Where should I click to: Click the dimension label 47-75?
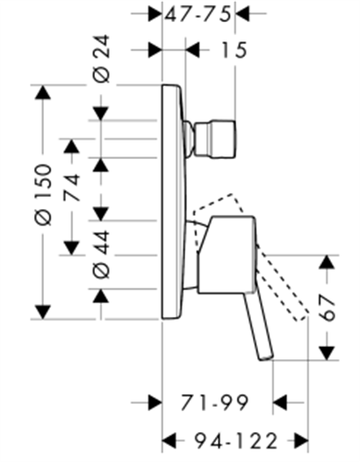pos(198,14)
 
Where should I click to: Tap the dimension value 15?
pos(234,50)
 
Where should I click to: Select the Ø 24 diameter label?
pos(101,59)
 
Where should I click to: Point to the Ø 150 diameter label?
pos(43,195)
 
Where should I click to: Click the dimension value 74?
pos(73,187)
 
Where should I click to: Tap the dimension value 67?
pos(328,307)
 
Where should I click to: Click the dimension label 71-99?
pos(214,402)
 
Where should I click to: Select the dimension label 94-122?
pos(235,441)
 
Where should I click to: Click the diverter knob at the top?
pos(215,139)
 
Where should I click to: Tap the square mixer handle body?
pos(227,255)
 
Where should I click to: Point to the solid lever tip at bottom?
pos(266,357)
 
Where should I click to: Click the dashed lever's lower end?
pos(301,316)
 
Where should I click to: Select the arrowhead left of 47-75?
pos(155,13)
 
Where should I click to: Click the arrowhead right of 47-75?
pos(242,13)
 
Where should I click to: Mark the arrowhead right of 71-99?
pos(279,402)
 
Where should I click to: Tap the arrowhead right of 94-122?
pos(301,441)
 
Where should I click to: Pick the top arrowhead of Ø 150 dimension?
pos(43,92)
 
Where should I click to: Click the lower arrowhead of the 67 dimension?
pos(327,353)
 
